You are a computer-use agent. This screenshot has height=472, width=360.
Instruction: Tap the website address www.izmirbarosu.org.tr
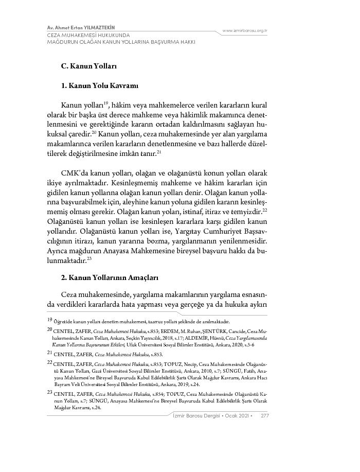(244, 31)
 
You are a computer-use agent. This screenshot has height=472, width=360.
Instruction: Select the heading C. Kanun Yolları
(89, 66)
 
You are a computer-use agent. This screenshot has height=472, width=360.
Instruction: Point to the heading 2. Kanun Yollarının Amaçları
(110, 277)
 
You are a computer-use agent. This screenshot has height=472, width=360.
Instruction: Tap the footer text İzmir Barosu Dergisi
(194, 415)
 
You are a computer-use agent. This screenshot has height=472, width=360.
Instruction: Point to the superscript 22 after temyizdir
(265, 210)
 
